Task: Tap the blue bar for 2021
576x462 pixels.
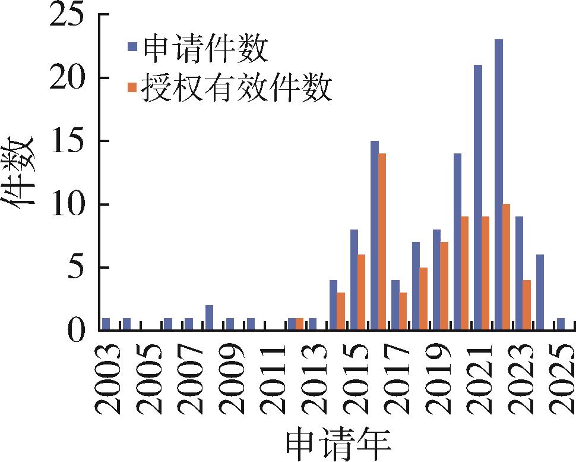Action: point(477,197)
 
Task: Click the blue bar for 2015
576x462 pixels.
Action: point(354,279)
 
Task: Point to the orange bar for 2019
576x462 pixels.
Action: point(444,285)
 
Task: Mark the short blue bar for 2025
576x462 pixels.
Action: point(561,324)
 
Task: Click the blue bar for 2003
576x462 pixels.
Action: point(106,324)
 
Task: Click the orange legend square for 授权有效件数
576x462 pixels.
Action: point(132,87)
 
